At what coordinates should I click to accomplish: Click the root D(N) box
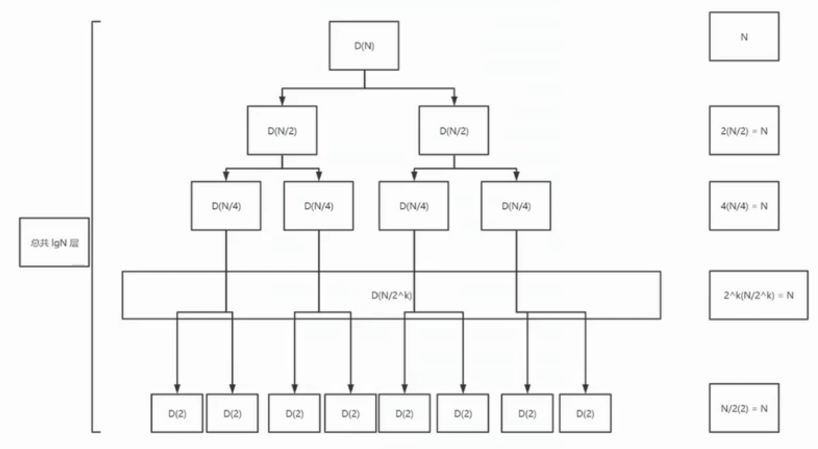(x=365, y=46)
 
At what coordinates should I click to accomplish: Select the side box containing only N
(x=744, y=37)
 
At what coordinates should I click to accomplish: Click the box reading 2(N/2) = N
(x=744, y=130)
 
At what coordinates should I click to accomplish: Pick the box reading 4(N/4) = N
(x=744, y=205)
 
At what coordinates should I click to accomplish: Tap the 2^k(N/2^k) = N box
(x=758, y=295)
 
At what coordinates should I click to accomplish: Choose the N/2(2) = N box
(x=744, y=408)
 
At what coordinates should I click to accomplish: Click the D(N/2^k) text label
(x=393, y=296)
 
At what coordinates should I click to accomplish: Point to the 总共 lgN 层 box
(x=55, y=242)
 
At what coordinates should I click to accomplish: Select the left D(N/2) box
(x=282, y=130)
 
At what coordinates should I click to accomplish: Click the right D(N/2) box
(x=453, y=130)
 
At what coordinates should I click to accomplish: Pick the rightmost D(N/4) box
(x=515, y=205)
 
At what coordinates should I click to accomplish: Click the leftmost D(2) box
(x=176, y=414)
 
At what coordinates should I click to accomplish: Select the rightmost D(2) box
(x=585, y=414)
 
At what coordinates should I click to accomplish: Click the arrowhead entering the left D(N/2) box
(x=282, y=101)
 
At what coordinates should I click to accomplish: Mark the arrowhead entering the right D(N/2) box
(x=454, y=101)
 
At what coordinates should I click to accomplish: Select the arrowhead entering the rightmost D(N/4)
(x=515, y=177)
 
